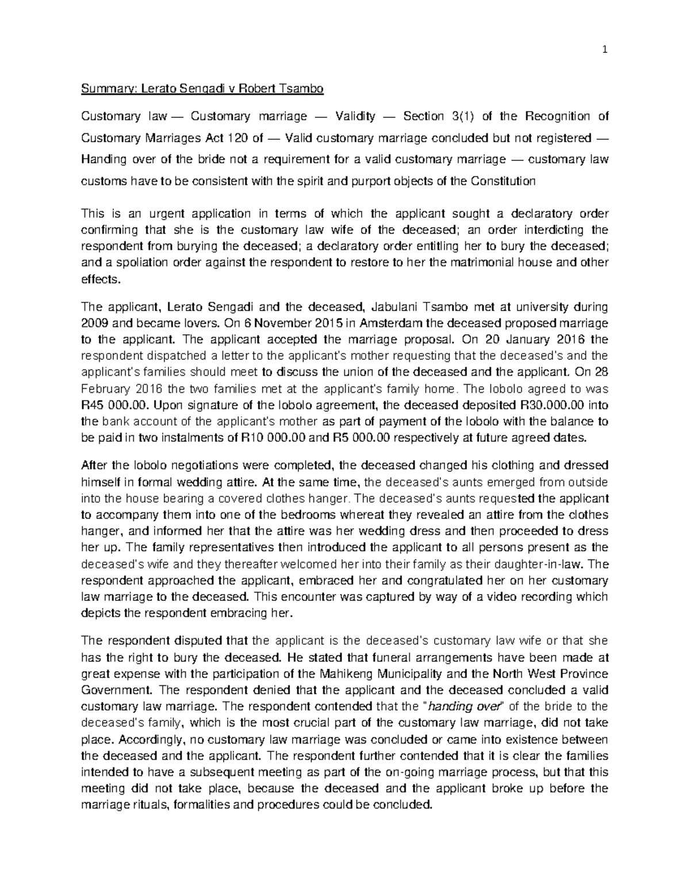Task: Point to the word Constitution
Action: (503, 181)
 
